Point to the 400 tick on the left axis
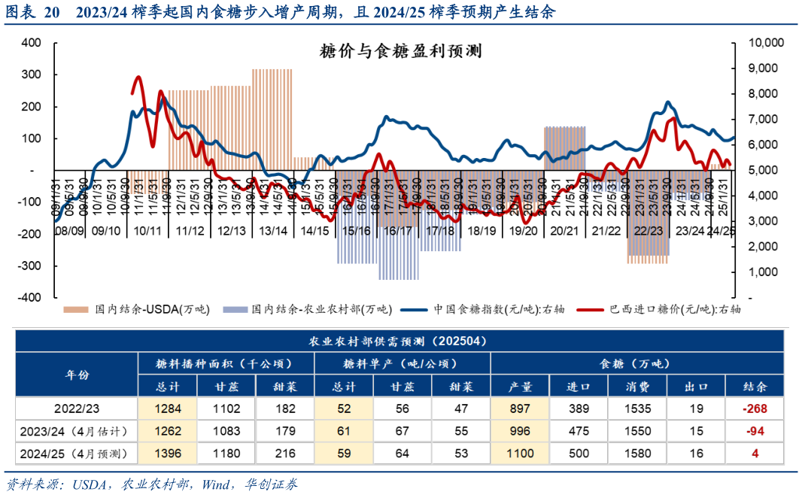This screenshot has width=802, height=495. pyautogui.click(x=31, y=43)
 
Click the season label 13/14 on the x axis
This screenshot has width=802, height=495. pyautogui.click(x=272, y=231)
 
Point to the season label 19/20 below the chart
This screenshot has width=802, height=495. pyautogui.click(x=523, y=231)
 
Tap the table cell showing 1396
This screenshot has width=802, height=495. pyautogui.click(x=167, y=453)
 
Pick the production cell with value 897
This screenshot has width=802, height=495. pyautogui.click(x=520, y=408)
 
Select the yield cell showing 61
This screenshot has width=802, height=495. pyautogui.click(x=345, y=431)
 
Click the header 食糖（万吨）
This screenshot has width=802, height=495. pyautogui.click(x=637, y=363)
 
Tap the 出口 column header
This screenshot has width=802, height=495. pyautogui.click(x=696, y=387)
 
